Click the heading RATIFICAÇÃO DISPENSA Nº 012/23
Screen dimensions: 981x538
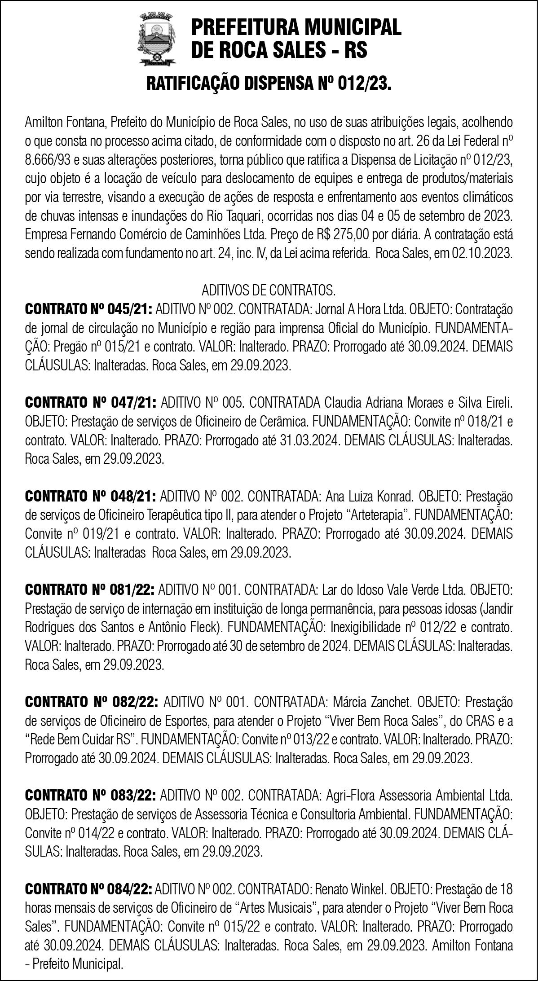(x=269, y=84)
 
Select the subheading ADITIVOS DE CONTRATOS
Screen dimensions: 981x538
(x=269, y=290)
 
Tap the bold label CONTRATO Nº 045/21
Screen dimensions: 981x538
(x=89, y=309)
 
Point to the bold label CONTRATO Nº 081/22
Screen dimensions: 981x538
(x=90, y=589)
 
